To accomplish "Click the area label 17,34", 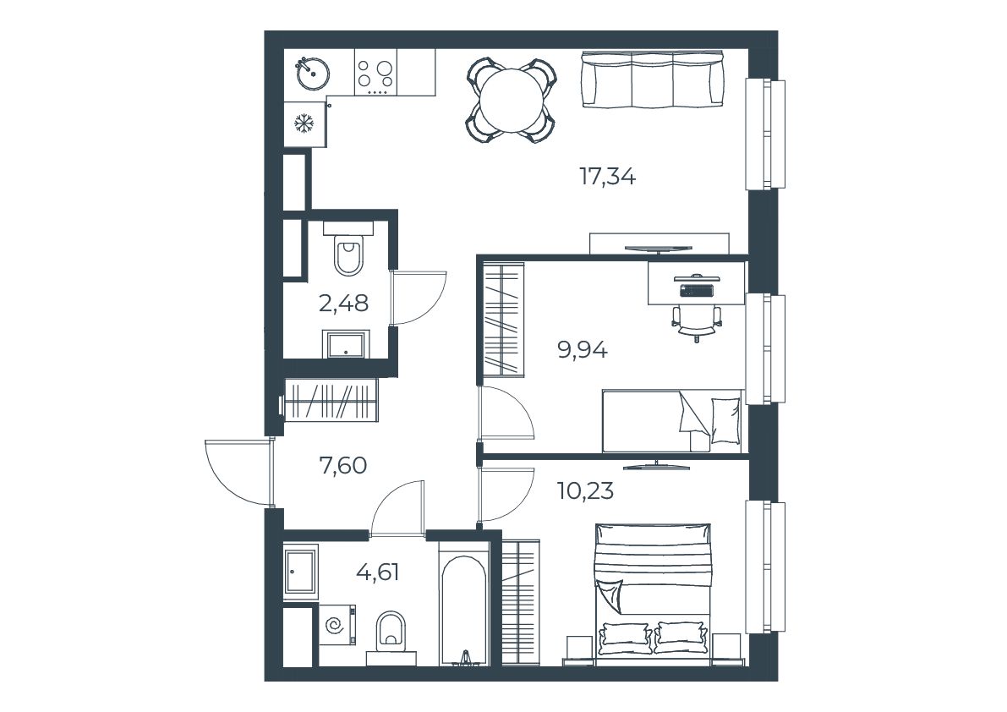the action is pyautogui.click(x=608, y=176).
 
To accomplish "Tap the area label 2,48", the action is pyautogui.click(x=343, y=303).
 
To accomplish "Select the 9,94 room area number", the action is pyautogui.click(x=583, y=351).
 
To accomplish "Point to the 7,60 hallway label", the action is pyautogui.click(x=343, y=465).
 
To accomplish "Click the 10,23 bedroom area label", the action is pyautogui.click(x=585, y=491).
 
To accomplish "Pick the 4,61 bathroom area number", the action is pyautogui.click(x=378, y=571).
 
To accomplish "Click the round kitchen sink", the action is pyautogui.click(x=313, y=74).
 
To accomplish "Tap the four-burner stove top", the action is pyautogui.click(x=375, y=74).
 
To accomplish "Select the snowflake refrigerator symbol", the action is pyautogui.click(x=303, y=123).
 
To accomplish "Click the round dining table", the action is pyautogui.click(x=512, y=100).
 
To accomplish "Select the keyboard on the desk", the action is pyautogui.click(x=697, y=290).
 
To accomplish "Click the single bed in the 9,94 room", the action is pyautogui.click(x=672, y=421).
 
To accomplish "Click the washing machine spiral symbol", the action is pyautogui.click(x=334, y=625).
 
